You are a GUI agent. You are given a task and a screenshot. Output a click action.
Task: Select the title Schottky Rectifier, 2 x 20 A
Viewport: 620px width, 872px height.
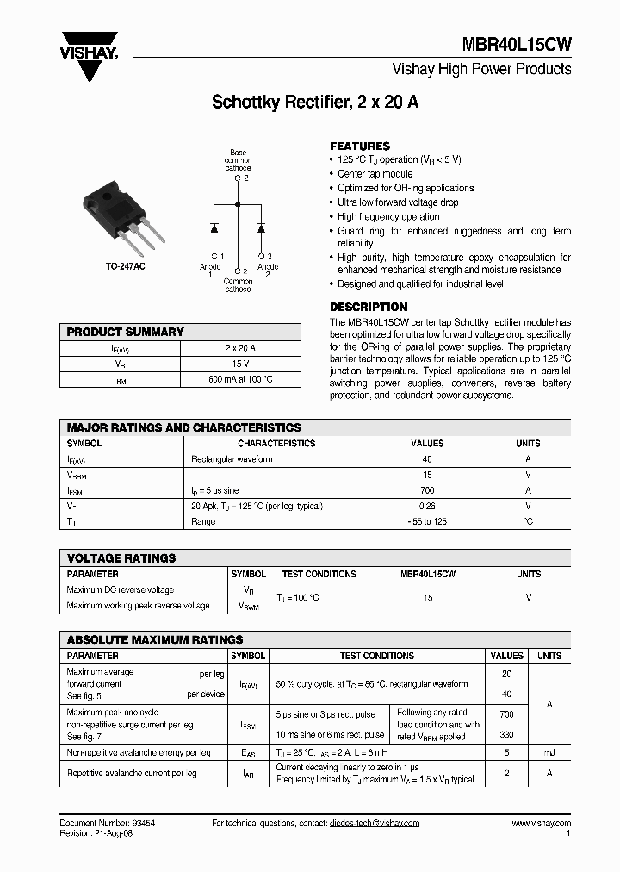point(315,102)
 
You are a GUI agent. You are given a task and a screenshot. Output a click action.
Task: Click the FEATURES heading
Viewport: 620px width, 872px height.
point(360,146)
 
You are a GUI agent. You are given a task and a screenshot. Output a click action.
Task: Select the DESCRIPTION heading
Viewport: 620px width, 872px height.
point(369,307)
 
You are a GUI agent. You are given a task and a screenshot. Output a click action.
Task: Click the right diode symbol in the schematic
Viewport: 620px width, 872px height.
point(261,227)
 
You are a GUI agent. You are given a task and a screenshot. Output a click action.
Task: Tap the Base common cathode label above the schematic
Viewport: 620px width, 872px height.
point(238,160)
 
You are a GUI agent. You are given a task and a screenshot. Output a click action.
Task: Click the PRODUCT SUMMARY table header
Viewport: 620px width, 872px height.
point(126,332)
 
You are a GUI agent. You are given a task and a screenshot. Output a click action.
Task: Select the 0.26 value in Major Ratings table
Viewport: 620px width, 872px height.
point(427,506)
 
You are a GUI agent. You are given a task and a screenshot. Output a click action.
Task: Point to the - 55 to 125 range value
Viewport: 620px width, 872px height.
point(427,521)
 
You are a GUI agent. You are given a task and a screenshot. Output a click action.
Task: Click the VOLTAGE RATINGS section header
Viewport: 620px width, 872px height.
point(121,558)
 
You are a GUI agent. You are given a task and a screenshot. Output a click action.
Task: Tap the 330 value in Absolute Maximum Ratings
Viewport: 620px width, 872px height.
point(506,734)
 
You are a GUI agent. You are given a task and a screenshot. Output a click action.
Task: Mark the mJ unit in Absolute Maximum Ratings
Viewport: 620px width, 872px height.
point(549,752)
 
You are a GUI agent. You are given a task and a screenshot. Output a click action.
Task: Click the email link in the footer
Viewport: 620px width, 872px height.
point(374,823)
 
